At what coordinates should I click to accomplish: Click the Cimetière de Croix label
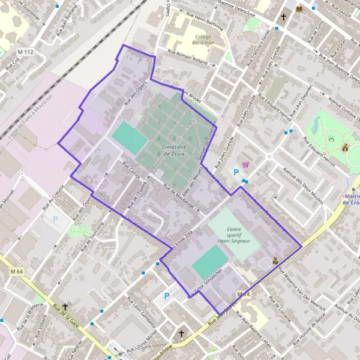click(174, 149)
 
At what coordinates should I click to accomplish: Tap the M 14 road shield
click(242, 294)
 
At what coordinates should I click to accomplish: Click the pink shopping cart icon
click(245, 164)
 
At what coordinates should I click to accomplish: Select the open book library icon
click(299, 8)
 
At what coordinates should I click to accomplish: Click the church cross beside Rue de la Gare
click(65, 306)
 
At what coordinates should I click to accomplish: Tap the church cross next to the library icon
click(283, 17)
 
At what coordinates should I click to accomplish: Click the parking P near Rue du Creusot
click(56, 220)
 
